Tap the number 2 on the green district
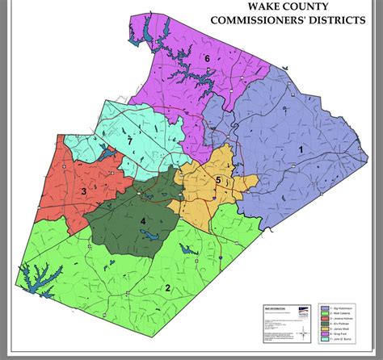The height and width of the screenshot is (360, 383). pos(168,287)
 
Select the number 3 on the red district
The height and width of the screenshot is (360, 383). pos(83,190)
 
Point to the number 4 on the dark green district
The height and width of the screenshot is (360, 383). pos(143,221)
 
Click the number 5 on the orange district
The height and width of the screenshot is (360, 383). pos(217,179)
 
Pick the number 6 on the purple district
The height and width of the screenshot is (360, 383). pos(207,59)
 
